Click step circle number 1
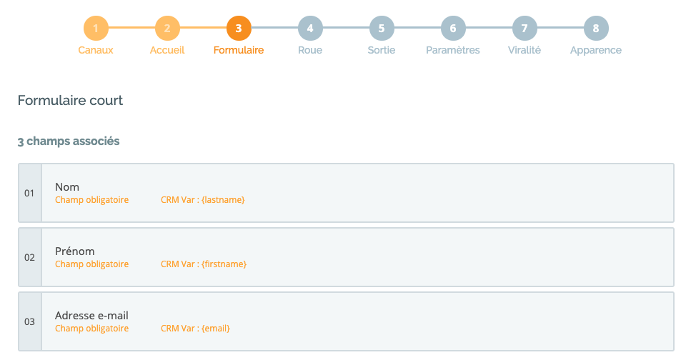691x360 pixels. pyautogui.click(x=96, y=28)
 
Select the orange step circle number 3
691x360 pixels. pyautogui.click(x=239, y=28)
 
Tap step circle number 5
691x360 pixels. pyautogui.click(x=382, y=28)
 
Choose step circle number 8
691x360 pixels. pyautogui.click(x=596, y=28)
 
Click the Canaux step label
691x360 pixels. pyautogui.click(x=96, y=50)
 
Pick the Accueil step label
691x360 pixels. pyautogui.click(x=167, y=50)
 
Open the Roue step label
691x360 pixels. pyautogui.click(x=310, y=50)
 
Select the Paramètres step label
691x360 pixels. pyautogui.click(x=452, y=50)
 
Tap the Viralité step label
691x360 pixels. pyautogui.click(x=525, y=50)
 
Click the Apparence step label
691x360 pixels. pyautogui.click(x=596, y=50)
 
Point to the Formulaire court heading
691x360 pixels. pyautogui.click(x=70, y=101)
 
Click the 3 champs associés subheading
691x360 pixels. pyautogui.click(x=69, y=141)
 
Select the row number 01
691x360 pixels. pyautogui.click(x=29, y=193)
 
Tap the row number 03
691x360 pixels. pyautogui.click(x=29, y=321)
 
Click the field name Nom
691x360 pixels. pyautogui.click(x=67, y=187)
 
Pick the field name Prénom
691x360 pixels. pyautogui.click(x=75, y=251)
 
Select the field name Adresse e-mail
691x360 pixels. pyautogui.click(x=91, y=316)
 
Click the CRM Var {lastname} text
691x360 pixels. pyautogui.click(x=203, y=199)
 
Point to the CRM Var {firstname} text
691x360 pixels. pyautogui.click(x=204, y=264)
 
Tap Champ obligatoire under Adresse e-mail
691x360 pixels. pyautogui.click(x=91, y=329)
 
